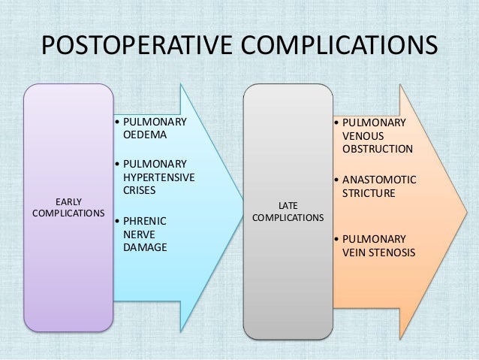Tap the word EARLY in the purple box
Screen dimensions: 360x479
coord(69,201)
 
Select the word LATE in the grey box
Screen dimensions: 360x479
coord(289,205)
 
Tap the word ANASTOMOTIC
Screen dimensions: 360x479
coord(378,180)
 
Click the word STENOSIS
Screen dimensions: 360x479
coord(390,253)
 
